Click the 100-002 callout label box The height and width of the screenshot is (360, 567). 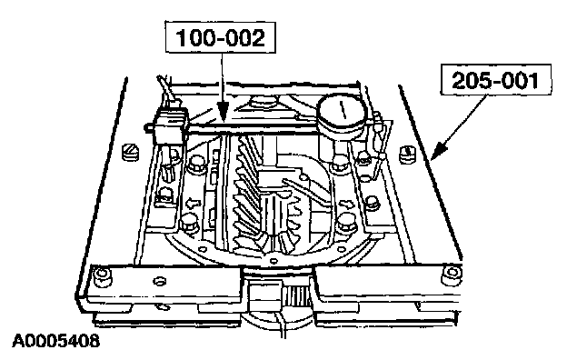(220, 37)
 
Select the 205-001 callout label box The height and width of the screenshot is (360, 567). (496, 80)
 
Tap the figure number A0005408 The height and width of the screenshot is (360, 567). (55, 341)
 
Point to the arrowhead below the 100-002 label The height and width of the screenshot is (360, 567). (224, 112)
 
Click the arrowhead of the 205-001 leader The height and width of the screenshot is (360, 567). (439, 150)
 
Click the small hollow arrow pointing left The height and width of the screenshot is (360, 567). (193, 204)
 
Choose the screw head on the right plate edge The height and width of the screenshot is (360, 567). (407, 154)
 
